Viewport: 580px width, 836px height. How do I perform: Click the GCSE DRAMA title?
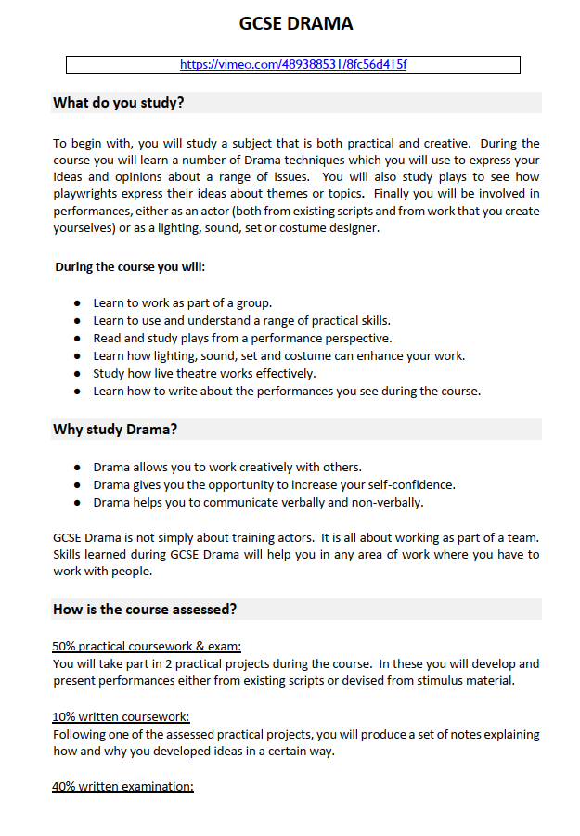[x=296, y=23]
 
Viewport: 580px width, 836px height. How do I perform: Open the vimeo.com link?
[x=293, y=65]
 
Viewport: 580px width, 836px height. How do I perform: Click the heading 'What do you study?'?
[x=119, y=103]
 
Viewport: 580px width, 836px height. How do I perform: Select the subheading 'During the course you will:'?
[x=130, y=266]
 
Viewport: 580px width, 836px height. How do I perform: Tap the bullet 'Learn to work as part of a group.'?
[x=182, y=303]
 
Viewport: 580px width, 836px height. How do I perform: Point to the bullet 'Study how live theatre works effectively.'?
[x=204, y=374]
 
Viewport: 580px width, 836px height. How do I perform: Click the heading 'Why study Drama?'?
[x=115, y=430]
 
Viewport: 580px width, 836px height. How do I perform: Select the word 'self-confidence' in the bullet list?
[x=412, y=485]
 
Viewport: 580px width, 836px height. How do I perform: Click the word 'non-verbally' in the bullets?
[x=387, y=503]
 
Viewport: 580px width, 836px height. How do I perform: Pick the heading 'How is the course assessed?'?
[x=145, y=610]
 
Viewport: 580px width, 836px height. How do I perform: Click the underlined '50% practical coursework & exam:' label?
[x=147, y=647]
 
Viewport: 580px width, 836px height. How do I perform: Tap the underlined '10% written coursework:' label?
[x=122, y=716]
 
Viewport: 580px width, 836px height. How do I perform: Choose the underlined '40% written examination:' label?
[x=123, y=787]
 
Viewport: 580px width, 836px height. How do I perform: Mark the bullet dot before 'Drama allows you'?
[x=78, y=468]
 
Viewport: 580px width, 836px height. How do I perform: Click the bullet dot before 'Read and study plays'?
[x=78, y=339]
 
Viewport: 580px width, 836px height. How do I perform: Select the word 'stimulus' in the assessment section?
[x=416, y=681]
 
